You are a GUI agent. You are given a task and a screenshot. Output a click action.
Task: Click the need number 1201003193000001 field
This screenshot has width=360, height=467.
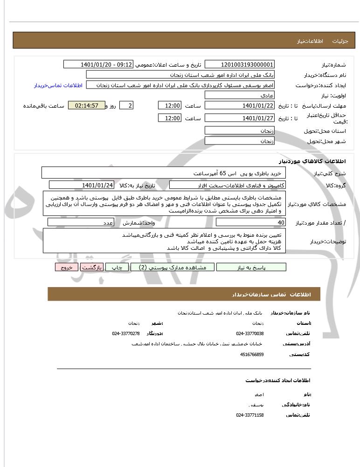click(240, 65)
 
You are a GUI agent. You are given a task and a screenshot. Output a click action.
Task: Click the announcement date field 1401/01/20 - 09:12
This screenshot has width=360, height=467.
click(98, 65)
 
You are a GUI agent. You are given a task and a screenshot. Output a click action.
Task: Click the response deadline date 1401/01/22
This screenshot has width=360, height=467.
click(240, 106)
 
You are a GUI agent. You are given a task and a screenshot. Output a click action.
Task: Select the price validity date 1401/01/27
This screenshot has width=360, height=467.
click(240, 118)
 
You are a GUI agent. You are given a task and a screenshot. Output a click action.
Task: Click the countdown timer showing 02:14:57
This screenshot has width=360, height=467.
click(86, 106)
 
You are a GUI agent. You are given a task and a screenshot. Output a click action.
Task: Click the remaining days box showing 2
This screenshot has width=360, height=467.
click(126, 106)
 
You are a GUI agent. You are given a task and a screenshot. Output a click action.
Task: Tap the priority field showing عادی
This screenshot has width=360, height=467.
click(240, 96)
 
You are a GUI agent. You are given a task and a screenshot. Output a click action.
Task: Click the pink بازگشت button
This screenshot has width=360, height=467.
click(92, 268)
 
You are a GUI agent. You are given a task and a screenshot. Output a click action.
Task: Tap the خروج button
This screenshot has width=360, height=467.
click(67, 268)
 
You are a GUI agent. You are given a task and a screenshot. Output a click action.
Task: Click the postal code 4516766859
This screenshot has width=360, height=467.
click(252, 354)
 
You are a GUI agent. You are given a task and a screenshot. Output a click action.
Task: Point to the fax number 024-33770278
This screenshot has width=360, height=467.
click(126, 333)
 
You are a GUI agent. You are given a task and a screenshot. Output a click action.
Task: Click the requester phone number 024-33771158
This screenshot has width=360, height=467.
click(250, 415)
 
